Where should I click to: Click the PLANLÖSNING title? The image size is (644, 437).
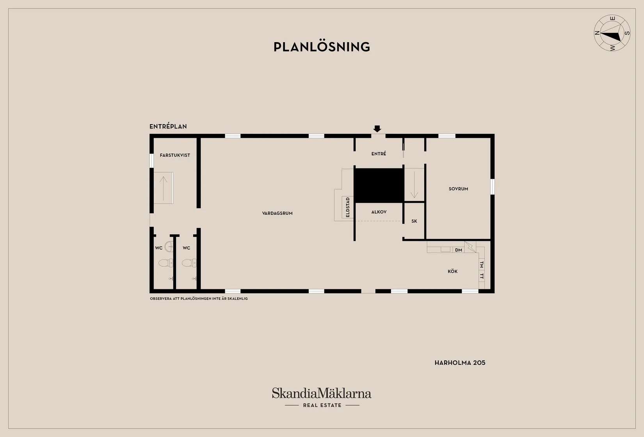click(322, 47)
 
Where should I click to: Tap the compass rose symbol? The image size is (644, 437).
click(612, 33)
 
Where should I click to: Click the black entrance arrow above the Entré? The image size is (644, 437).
click(377, 128)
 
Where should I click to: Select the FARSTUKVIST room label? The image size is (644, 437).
click(175, 155)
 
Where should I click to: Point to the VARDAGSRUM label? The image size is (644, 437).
click(277, 213)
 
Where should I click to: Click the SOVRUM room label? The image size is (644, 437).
click(458, 189)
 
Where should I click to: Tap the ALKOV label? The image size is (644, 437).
click(379, 212)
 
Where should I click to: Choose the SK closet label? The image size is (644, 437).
click(414, 221)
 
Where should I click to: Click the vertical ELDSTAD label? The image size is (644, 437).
click(348, 207)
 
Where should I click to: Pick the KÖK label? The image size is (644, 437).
click(452, 271)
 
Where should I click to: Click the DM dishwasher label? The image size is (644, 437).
click(459, 250)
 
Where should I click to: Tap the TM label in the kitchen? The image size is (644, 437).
click(482, 265)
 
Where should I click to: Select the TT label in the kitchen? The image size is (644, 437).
click(482, 276)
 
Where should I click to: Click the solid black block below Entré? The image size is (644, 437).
click(379, 186)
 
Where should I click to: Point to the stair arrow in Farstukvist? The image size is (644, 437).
click(163, 189)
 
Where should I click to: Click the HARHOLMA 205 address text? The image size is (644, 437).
click(460, 363)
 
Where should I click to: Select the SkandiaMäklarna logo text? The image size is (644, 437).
click(322, 393)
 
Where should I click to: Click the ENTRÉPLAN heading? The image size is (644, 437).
click(168, 126)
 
